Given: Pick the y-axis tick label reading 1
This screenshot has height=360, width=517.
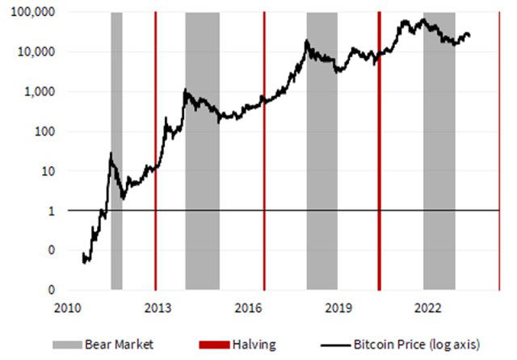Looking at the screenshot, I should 51,211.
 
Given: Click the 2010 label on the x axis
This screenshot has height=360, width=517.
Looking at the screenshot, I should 67,308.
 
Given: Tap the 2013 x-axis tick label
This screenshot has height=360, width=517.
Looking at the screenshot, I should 157,308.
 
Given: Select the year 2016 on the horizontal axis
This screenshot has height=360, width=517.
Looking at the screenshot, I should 248,308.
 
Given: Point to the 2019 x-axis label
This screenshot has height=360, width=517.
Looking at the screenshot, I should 338,308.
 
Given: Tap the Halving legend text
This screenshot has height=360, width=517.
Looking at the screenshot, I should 254,345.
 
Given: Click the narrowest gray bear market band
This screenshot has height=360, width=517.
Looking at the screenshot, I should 116,151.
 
